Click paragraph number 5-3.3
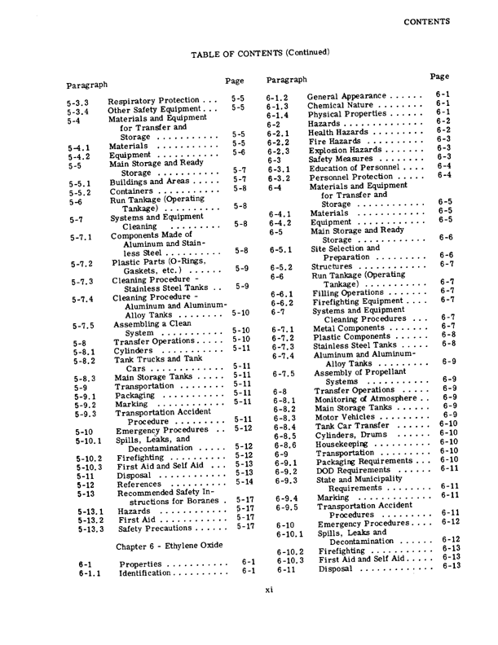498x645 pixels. point(78,104)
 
